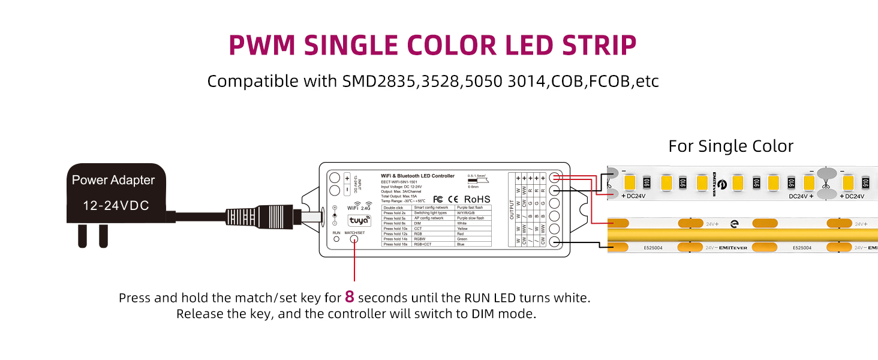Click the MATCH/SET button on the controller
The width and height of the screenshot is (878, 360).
coord(354,239)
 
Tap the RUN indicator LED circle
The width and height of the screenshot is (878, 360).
coord(336,239)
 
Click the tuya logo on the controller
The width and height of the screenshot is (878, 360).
coord(359,220)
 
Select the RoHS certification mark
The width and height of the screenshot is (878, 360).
coord(477,199)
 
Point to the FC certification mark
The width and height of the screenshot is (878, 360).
coord(438,199)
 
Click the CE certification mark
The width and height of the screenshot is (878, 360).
coord(453,199)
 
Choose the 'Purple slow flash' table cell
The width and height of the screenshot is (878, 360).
coord(473,218)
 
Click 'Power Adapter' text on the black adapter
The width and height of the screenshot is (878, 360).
coord(113,180)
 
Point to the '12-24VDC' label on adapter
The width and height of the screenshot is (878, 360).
coord(116,206)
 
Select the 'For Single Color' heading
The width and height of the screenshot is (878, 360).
coord(730,146)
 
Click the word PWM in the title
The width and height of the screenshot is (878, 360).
coord(262,46)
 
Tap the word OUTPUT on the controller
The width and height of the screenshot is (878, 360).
coord(512,210)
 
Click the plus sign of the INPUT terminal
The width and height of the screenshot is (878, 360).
coord(347,179)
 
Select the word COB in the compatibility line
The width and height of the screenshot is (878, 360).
coord(567,81)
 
